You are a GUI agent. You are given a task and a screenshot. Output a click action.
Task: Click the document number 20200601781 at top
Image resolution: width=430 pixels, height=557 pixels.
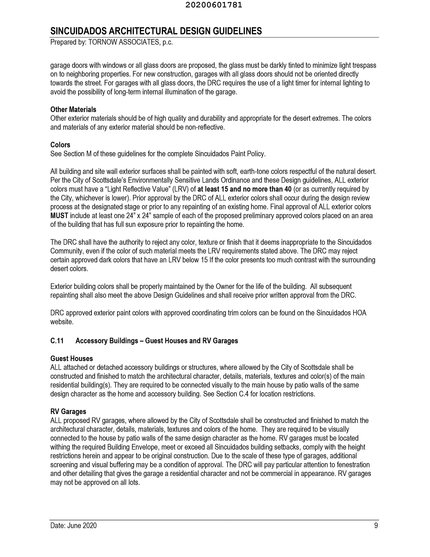point(213,5)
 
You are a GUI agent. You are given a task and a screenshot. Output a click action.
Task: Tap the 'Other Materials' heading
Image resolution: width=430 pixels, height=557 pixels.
point(73,109)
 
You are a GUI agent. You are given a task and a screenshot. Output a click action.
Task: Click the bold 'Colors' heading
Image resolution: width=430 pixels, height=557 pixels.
point(60,145)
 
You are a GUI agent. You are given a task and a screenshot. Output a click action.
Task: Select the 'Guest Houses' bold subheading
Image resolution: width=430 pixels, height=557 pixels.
point(72,358)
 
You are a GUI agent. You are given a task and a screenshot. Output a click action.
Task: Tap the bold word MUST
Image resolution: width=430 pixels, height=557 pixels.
point(59,216)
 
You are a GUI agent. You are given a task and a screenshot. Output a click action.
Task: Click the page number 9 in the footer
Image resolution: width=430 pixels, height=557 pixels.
point(376,525)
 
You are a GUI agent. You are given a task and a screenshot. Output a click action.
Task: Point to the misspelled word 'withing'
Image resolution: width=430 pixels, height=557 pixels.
point(60,447)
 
